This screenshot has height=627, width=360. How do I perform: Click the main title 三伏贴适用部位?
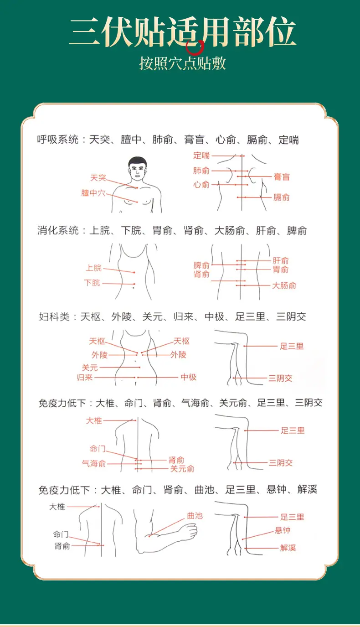pyautogui.click(x=182, y=33)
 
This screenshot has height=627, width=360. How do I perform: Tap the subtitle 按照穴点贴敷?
pyautogui.click(x=182, y=63)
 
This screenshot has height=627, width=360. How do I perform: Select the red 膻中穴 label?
pyautogui.click(x=93, y=193)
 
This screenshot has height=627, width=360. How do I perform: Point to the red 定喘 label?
pyautogui.click(x=201, y=155)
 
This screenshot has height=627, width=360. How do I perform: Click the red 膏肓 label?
pyautogui.click(x=282, y=176)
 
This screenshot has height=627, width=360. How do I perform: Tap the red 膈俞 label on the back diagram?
pyautogui.click(x=281, y=197)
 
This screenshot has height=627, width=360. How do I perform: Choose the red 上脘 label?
pyautogui.click(x=93, y=268)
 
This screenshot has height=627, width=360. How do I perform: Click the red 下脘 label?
pyautogui.click(x=92, y=283)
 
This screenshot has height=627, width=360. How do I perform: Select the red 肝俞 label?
pyautogui.click(x=281, y=260)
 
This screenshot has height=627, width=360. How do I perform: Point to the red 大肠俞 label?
pyautogui.click(x=284, y=286)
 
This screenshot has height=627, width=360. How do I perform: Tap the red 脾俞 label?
pyautogui.click(x=201, y=265)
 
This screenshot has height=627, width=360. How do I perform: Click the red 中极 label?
pyautogui.click(x=188, y=377)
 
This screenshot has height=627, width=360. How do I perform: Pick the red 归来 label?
pyautogui.click(x=85, y=378)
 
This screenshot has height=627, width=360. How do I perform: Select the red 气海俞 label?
pyautogui.click(x=94, y=464)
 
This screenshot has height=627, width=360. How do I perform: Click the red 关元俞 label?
pyautogui.click(x=182, y=469)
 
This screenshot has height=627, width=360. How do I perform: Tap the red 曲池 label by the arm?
pyautogui.click(x=195, y=516)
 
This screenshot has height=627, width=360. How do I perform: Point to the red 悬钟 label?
pyautogui.click(x=283, y=531)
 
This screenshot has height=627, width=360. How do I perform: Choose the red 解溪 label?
pyautogui.click(x=288, y=548)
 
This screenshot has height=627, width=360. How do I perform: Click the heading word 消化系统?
pyautogui.click(x=58, y=231)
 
